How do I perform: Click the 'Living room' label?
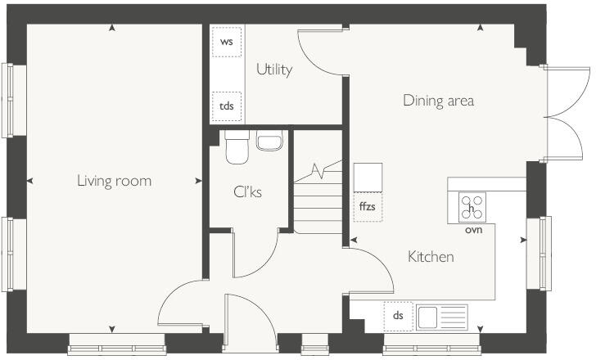coord(114,181)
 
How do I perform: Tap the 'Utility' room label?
coord(274,70)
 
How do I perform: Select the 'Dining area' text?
coord(438,101)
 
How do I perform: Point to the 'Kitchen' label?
coord(431,257)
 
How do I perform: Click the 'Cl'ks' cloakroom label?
coord(247,194)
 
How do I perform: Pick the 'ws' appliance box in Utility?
coord(227,42)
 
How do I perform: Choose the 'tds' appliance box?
coord(227,106)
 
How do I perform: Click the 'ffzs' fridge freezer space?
coord(368,206)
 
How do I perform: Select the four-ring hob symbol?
coord(472,207)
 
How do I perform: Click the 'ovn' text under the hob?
coord(472,230)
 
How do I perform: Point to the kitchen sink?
coord(441,315)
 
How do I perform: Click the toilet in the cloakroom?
coord(237,148)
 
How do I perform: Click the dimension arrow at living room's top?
coord(112,29)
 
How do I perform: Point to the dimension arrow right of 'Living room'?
coord(198,181)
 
